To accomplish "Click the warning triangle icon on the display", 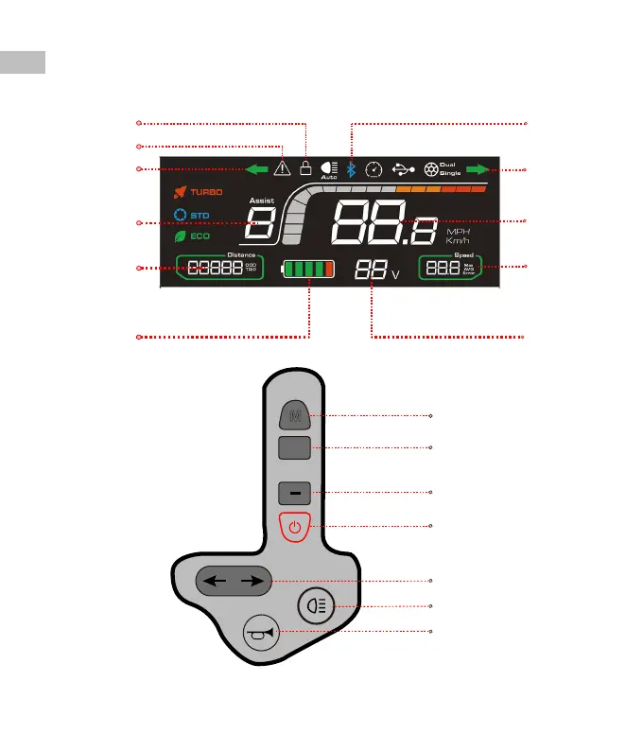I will tap(282, 169).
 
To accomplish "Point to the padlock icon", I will tap(304, 168).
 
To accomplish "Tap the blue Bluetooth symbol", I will tap(351, 169).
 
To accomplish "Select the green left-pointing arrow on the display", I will tap(252, 169).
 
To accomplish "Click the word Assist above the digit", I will tap(261, 201).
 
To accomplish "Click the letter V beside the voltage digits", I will tap(394, 274).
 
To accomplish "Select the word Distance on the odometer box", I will tap(241, 255).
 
